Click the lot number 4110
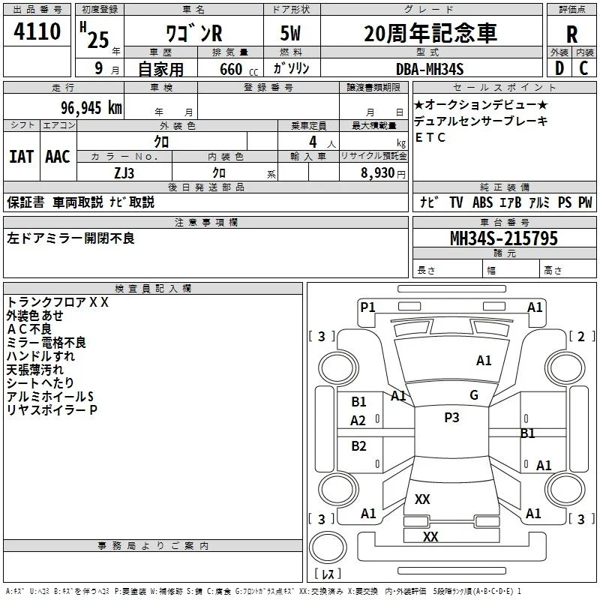37,31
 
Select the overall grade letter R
571,34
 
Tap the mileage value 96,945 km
91,108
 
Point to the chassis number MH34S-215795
504,238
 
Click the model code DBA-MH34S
430,69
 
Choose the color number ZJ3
124,173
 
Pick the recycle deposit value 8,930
378,173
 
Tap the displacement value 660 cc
239,70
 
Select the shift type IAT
21,157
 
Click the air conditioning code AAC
58,157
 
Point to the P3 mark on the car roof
451,418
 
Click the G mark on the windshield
474,394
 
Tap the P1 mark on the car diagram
367,307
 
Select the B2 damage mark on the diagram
358,445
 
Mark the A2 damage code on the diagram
358,421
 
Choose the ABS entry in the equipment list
482,202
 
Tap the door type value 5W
290,33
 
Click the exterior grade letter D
559,68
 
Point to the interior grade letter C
583,68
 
